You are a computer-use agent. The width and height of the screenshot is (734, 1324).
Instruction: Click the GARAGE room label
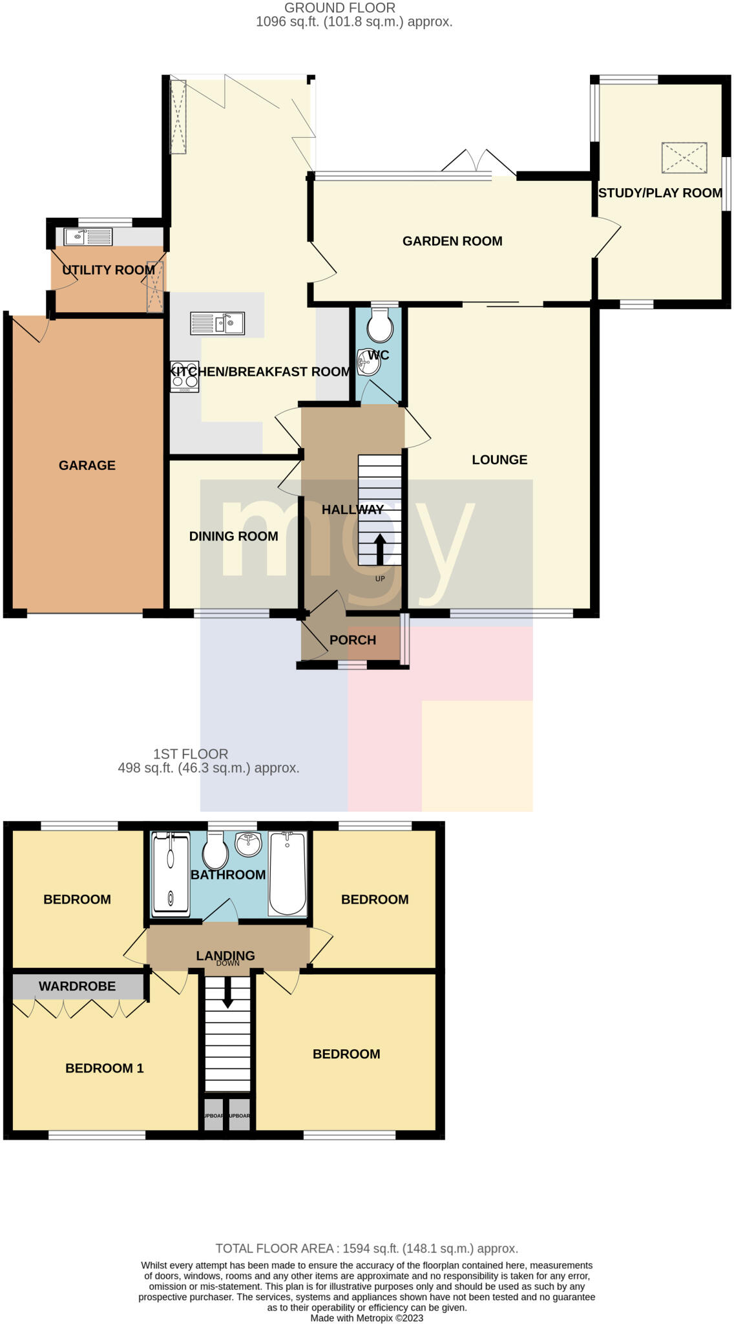click(87, 465)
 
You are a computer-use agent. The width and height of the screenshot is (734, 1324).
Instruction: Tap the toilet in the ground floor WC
click(379, 326)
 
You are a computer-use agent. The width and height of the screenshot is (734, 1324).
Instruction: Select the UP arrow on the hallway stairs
click(379, 549)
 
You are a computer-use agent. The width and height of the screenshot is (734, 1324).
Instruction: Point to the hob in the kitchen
click(184, 376)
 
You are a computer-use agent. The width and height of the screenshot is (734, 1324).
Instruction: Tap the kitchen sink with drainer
click(217, 323)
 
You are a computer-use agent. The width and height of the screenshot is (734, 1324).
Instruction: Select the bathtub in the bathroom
click(288, 873)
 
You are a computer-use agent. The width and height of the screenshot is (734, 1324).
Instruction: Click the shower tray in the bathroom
click(171, 874)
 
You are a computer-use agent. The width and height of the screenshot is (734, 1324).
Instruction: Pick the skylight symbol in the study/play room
click(684, 158)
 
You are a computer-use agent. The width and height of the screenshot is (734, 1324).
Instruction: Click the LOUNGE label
click(499, 460)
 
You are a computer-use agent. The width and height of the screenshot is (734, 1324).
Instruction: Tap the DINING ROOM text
click(233, 536)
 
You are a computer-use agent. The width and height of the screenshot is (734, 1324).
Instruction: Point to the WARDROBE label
click(77, 986)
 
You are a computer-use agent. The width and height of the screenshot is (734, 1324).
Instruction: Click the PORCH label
click(352, 640)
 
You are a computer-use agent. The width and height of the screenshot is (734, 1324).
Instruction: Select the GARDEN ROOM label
click(452, 241)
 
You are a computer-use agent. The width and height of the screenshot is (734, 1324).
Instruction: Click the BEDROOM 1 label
click(104, 1068)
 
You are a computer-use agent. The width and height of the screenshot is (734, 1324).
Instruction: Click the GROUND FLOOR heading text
click(340, 8)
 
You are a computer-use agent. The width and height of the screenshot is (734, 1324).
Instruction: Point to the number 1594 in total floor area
click(357, 1248)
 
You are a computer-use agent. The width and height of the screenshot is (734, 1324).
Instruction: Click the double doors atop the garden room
click(479, 162)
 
